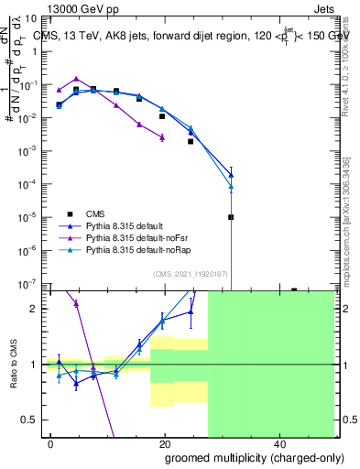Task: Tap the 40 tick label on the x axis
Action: pos(278,443)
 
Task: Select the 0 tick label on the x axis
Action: pos(51,443)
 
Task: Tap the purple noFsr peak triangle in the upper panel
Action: pos(76,79)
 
